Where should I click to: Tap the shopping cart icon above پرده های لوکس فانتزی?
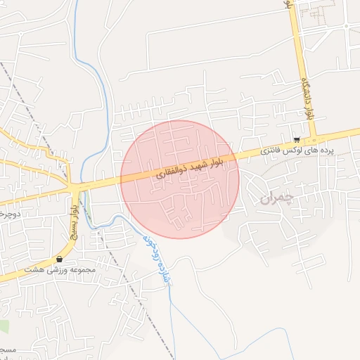297,139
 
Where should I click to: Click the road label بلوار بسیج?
73,217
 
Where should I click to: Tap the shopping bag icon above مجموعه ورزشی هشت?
59,259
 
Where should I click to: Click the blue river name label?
156,257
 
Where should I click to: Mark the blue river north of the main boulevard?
107,105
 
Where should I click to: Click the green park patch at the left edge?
4,326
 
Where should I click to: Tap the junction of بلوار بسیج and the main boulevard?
75,188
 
